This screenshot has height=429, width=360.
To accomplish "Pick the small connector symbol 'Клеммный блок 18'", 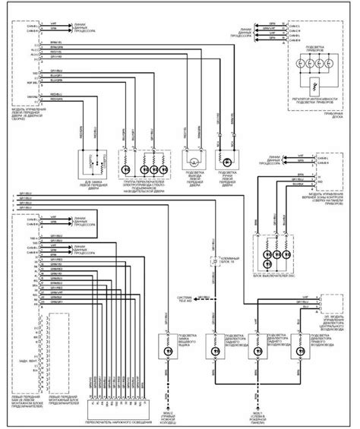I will click(214, 261).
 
